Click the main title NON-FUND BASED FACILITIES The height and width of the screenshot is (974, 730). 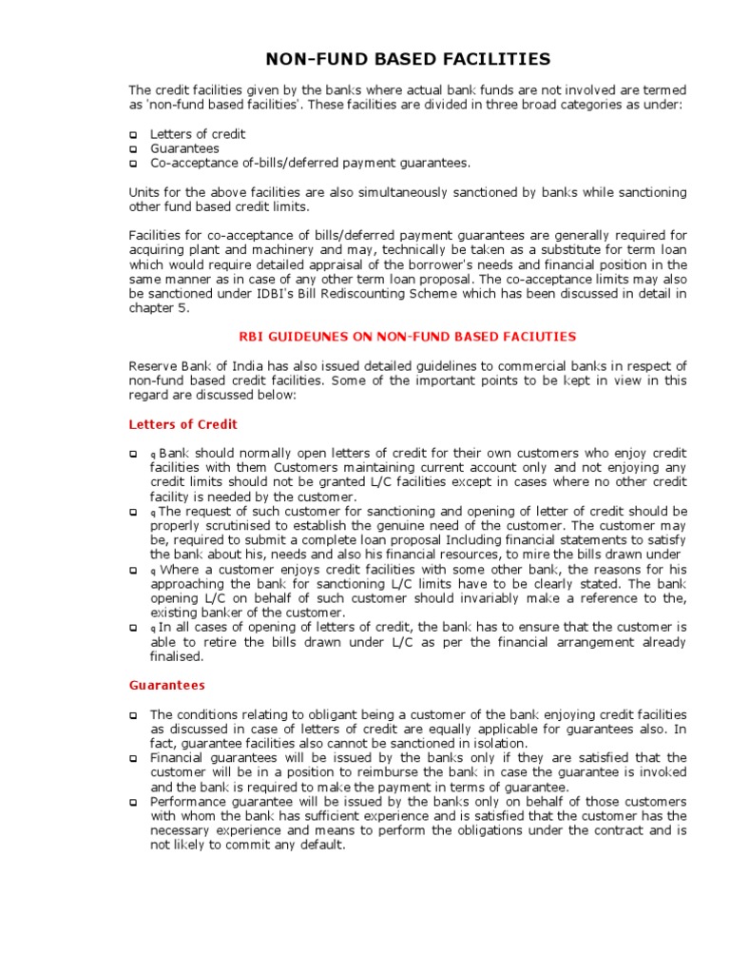point(407,59)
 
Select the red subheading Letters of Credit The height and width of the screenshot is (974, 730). point(183,424)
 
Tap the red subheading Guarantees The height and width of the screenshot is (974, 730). point(166,685)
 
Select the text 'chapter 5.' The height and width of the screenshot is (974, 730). point(159,308)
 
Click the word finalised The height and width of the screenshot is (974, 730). point(177,656)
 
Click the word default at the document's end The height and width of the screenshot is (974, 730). point(321,846)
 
